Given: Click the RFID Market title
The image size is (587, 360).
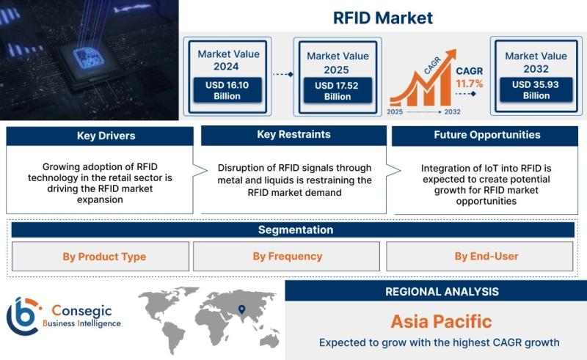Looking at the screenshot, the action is pos(382,18).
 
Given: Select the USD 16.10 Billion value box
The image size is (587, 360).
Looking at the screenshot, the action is pos(227,90).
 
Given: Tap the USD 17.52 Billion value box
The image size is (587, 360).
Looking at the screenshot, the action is pos(338,91).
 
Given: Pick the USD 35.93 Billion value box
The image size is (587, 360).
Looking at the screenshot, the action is pos(536,89).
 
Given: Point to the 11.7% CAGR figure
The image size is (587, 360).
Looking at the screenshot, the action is pos(469,84).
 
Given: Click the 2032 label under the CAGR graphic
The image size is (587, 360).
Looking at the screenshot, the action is pos(452,111).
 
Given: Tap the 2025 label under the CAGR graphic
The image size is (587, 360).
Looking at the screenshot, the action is pos(395,111).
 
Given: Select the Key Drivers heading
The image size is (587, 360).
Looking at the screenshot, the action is pos(106,136).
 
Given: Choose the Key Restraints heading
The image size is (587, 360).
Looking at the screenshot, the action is pos(294,134).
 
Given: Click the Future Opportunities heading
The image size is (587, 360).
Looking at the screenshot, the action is pos(487,135).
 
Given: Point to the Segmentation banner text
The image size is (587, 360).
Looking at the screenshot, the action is pos(296,229).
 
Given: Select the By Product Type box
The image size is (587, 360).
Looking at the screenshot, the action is pos(101,257).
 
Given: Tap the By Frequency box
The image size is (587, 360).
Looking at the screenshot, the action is pos(286,256).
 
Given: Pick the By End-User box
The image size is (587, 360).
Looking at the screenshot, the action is pos(480,256).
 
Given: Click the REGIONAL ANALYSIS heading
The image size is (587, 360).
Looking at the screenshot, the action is pos(442,292).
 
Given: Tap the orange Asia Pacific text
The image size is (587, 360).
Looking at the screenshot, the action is pos(442,321).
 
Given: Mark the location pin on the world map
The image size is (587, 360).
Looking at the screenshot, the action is pos(242,309).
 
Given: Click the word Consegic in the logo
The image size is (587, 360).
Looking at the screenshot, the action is pos(81,310).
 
